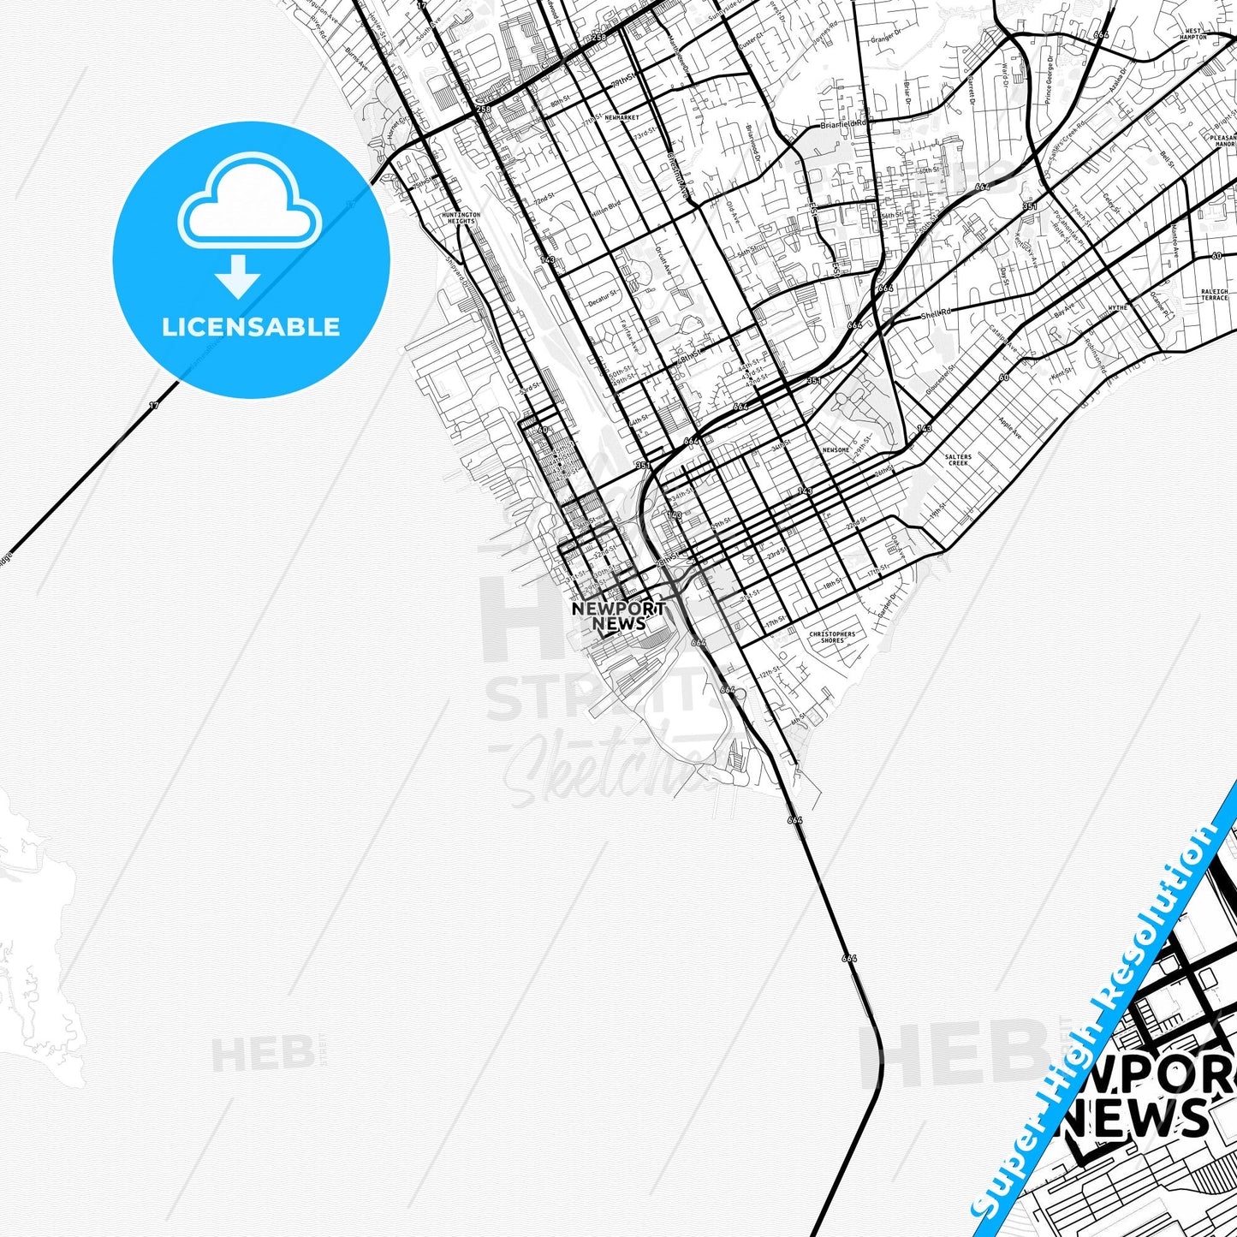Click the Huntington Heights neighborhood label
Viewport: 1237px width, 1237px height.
click(461, 218)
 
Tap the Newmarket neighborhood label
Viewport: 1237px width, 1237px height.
click(621, 117)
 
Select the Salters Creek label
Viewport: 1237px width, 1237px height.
click(958, 460)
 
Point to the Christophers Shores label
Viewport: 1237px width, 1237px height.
click(832, 638)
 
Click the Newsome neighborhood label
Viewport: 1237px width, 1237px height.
click(836, 450)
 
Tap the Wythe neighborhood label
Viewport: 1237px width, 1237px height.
click(1117, 307)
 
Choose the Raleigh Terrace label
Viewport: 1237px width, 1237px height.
click(1214, 294)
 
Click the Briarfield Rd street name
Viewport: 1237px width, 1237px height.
click(843, 124)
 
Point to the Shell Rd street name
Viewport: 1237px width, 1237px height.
click(936, 314)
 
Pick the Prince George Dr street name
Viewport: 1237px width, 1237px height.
click(1049, 79)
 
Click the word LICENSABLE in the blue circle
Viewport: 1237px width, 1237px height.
click(251, 327)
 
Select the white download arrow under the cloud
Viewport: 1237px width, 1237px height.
click(238, 276)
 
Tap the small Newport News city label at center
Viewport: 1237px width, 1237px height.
click(619, 616)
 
